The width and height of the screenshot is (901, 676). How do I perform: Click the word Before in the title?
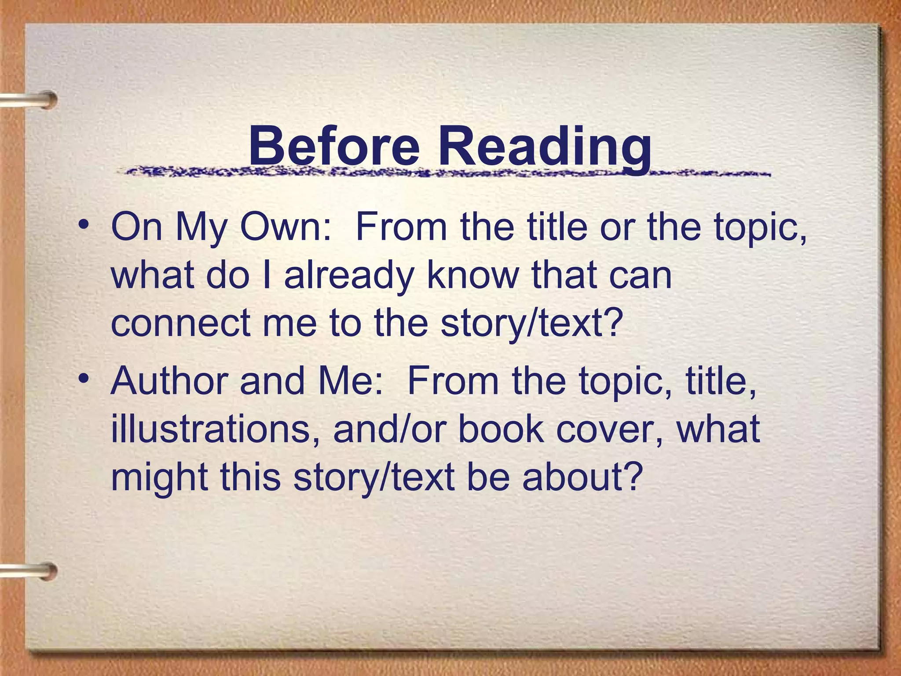pyautogui.click(x=334, y=145)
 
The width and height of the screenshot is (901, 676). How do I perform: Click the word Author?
pyautogui.click(x=169, y=380)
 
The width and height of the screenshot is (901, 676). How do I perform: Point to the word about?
pyautogui.click(x=581, y=477)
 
